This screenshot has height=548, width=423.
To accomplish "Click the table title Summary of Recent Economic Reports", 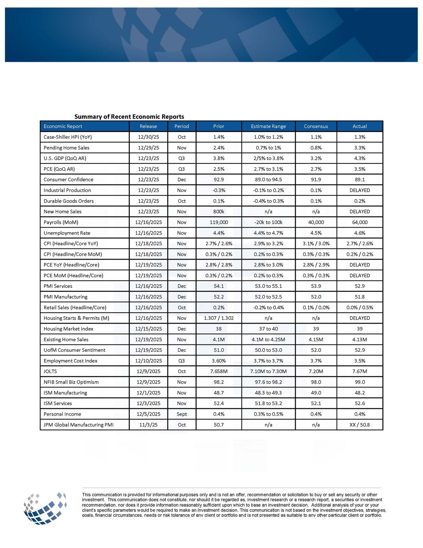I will click(x=129, y=116).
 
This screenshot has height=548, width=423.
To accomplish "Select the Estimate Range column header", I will click(x=268, y=126).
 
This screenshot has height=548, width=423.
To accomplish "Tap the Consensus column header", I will click(x=316, y=126).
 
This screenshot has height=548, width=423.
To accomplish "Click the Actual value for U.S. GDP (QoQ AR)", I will click(x=360, y=158).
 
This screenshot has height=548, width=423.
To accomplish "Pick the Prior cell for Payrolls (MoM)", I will click(x=219, y=222).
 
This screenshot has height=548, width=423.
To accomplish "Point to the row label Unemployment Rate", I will click(x=67, y=233).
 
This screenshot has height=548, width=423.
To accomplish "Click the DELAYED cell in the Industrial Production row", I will click(x=360, y=190).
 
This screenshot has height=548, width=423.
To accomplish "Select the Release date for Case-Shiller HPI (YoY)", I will click(x=148, y=137).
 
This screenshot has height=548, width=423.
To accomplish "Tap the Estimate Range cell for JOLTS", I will click(x=268, y=371).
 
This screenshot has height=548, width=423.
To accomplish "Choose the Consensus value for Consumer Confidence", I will click(x=316, y=180).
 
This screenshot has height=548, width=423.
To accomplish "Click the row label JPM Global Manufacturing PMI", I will click(x=79, y=424).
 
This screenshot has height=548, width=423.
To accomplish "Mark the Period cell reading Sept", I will click(x=182, y=414).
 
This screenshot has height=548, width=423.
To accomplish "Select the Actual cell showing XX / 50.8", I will click(x=360, y=424).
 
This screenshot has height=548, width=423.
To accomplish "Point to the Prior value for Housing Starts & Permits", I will click(x=219, y=318).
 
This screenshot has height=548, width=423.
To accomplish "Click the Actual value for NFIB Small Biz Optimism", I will click(x=360, y=382).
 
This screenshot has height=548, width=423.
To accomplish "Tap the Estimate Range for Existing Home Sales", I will click(x=268, y=339).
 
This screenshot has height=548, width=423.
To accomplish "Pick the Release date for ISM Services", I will click(x=148, y=403).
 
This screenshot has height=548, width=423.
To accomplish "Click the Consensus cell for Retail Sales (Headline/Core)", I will click(x=316, y=307).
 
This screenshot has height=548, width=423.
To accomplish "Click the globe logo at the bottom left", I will click(x=45, y=508).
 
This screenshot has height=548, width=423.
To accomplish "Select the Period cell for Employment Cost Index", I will click(x=182, y=361).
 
